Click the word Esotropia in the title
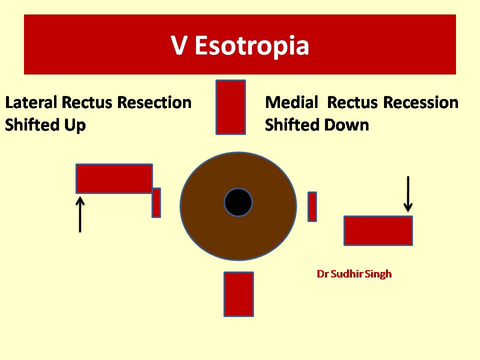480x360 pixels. coord(252,46)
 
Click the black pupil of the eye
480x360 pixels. coord(238,202)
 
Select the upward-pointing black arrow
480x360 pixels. coord(80,214)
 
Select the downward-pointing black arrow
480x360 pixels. coord(408,194)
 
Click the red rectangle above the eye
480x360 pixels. coord(231,107)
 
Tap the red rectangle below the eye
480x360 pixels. coord(239,294)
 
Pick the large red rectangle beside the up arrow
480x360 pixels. coord(114,179)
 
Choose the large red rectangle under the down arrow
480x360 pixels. coord(378,230)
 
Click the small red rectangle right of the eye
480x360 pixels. coord(312,206)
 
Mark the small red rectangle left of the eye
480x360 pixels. coord(156,202)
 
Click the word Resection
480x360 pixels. coord(154,102)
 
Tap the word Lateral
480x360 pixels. coord(31,102)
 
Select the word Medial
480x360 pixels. coord(291,102)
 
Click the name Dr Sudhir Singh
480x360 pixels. coord(354,274)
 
